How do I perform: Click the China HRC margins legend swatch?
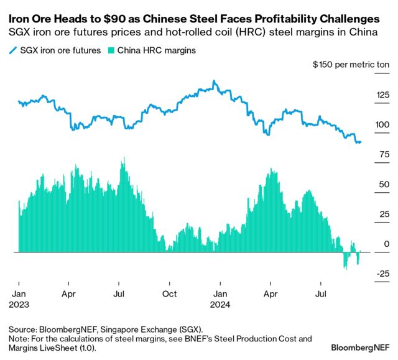click(112, 50)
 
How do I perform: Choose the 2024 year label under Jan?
click(220, 305)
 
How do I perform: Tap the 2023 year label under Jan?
click(19, 305)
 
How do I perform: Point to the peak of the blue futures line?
click(214, 81)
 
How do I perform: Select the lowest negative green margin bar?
click(345, 269)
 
